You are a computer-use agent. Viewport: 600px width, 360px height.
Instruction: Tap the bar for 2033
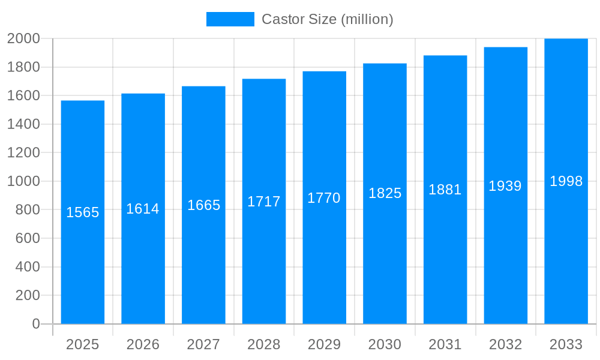[566, 252]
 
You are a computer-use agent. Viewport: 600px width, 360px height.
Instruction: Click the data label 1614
[143, 209]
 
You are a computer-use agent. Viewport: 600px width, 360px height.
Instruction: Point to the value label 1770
[324, 198]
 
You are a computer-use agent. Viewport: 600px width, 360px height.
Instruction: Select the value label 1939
[505, 186]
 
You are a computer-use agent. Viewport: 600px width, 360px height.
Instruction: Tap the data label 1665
[203, 205]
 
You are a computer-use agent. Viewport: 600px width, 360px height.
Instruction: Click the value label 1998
[566, 181]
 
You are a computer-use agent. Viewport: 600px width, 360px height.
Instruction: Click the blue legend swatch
[230, 19]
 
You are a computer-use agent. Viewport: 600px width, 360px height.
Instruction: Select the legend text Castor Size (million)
[328, 19]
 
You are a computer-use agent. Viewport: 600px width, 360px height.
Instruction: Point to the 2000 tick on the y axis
[23, 38]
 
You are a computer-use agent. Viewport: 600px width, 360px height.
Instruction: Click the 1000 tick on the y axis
[23, 181]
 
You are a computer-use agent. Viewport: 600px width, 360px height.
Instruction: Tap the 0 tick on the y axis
[35, 324]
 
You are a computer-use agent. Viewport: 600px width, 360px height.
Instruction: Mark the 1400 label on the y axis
[23, 124]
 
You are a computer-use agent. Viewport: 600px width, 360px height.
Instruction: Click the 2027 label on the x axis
[203, 344]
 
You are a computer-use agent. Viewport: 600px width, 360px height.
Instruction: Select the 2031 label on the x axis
[445, 344]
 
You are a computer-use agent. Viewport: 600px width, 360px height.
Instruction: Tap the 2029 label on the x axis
[324, 344]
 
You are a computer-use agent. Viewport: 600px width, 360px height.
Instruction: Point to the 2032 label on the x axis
[505, 344]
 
